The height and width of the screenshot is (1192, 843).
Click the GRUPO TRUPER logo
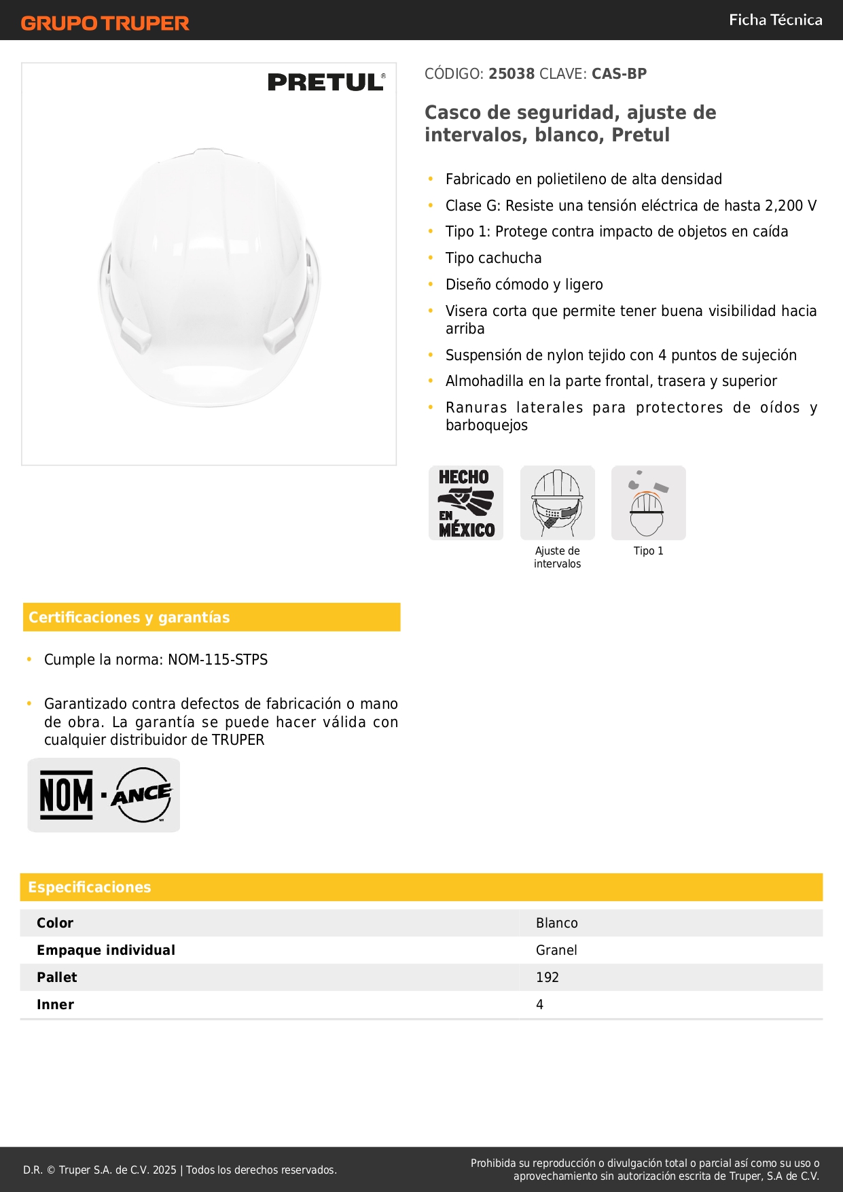click(105, 23)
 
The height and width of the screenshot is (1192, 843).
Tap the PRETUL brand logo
click(326, 82)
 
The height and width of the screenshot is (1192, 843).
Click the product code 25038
click(512, 73)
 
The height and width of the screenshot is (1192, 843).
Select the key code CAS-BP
click(619, 73)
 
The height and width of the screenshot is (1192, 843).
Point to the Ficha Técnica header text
click(775, 20)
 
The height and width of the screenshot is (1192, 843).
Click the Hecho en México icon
click(466, 503)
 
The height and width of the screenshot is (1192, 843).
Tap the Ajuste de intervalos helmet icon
click(557, 503)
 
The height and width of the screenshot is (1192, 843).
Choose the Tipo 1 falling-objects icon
click(648, 503)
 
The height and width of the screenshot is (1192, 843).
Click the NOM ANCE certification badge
click(104, 794)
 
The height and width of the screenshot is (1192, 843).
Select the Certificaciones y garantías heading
click(129, 617)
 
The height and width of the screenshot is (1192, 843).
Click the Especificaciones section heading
click(90, 887)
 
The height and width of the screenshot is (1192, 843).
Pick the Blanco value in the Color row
click(556, 923)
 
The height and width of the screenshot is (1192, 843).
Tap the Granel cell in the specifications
click(556, 950)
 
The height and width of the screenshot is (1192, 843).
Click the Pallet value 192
click(547, 977)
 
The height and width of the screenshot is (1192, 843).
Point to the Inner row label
click(55, 1004)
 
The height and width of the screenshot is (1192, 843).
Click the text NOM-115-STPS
click(217, 659)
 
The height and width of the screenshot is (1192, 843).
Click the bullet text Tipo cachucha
click(493, 258)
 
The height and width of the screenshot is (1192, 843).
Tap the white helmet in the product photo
click(209, 279)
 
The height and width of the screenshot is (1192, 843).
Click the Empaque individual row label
click(106, 950)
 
